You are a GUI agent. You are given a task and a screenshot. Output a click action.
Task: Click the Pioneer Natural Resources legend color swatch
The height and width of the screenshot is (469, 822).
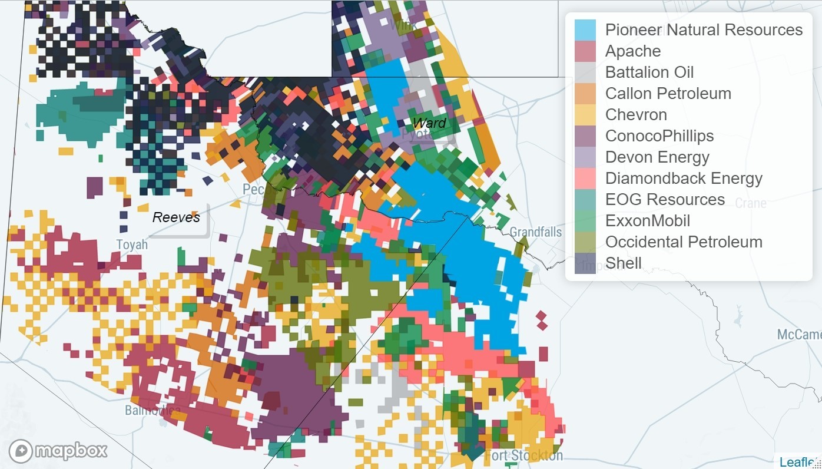(585, 30)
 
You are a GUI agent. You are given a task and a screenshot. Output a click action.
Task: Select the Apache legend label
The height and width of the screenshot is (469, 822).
(633, 51)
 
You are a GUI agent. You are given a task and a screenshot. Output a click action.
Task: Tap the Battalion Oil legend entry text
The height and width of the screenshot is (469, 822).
(649, 72)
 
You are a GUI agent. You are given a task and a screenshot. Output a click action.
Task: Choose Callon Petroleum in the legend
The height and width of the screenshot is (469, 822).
(668, 94)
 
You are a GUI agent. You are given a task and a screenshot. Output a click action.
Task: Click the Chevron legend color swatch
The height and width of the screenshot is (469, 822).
(585, 115)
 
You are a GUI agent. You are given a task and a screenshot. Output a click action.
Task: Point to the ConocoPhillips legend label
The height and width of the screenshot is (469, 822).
(659, 136)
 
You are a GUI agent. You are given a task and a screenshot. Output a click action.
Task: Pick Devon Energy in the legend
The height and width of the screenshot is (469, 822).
(657, 157)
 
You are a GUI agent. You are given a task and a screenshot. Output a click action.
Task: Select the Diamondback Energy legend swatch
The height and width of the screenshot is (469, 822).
(585, 179)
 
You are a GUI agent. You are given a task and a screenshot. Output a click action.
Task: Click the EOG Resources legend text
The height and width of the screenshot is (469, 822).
(665, 200)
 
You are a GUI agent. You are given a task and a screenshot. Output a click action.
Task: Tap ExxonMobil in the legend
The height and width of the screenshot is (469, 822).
(647, 221)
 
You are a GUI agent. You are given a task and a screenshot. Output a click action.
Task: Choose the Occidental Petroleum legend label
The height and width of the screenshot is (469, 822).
(684, 242)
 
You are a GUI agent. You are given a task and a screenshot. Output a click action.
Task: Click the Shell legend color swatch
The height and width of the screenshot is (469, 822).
(585, 263)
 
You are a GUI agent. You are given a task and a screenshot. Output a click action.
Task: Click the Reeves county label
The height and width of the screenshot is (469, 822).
(176, 217)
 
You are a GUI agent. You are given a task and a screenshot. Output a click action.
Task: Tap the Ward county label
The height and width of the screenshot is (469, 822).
(429, 123)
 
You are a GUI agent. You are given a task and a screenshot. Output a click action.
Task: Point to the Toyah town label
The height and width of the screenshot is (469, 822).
(132, 244)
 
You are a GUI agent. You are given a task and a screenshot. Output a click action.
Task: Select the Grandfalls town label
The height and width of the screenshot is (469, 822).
(536, 232)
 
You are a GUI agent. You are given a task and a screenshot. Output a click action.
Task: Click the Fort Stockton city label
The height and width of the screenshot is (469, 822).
(523, 455)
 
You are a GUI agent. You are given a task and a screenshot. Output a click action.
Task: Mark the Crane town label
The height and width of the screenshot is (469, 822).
(751, 203)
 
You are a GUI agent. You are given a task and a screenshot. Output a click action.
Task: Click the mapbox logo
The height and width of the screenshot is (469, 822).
(58, 451)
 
